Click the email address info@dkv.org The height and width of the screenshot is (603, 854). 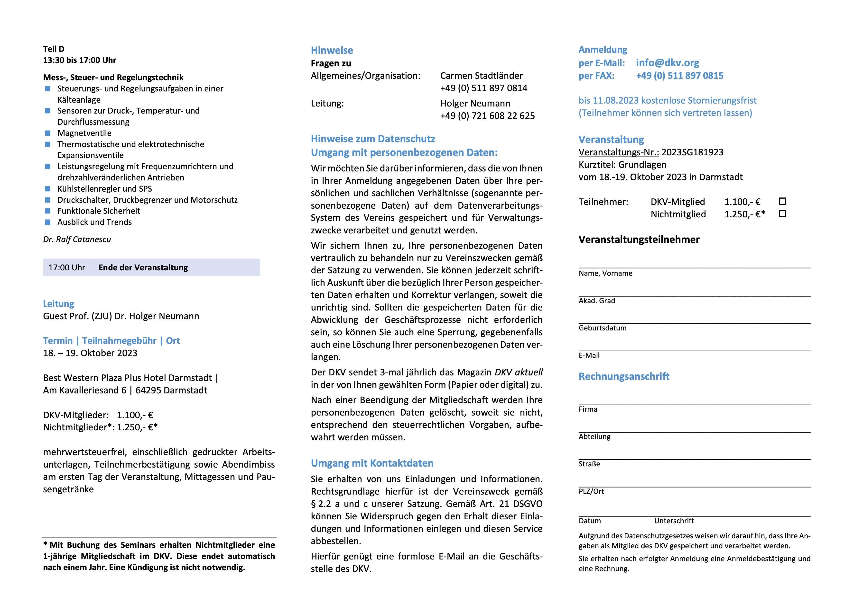pos(667,63)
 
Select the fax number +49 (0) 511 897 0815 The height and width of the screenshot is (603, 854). pos(679,76)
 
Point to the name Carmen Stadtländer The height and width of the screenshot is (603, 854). pos(481,76)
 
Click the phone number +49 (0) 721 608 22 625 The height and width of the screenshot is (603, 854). pos(487,116)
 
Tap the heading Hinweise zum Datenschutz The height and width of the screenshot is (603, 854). pos(373,139)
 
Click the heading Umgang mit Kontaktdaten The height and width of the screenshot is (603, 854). pos(372,463)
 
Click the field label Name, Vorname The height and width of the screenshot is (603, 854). pos(605,274)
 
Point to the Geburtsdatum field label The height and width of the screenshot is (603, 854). pos(602,328)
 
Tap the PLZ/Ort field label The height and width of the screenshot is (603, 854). pos(591,492)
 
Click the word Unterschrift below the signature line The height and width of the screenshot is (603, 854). pos(674,521)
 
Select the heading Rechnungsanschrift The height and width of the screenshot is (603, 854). pos(624,376)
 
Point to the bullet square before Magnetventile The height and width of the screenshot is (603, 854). pos(48,133)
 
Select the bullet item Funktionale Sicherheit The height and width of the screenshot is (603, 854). pos(99,211)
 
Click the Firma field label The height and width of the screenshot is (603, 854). pos(588,409)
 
